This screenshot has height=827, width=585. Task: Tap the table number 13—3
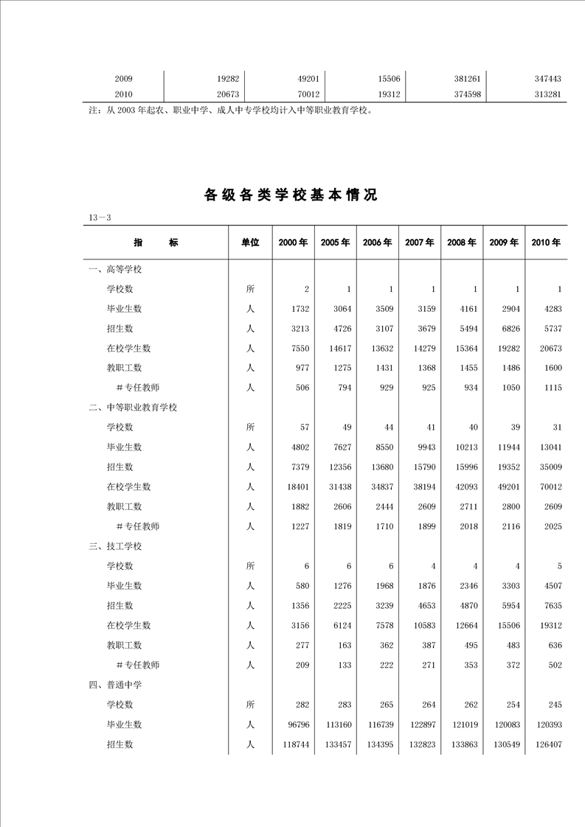[99, 217]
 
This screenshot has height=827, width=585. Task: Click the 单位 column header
[250, 242]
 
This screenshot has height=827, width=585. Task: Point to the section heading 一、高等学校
[115, 269]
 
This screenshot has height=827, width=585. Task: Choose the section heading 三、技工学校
[115, 546]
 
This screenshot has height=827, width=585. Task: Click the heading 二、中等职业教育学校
[133, 407]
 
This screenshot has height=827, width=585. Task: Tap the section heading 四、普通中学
[115, 685]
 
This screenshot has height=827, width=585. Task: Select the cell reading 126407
[546, 744]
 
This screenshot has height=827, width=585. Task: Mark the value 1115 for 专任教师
[550, 388]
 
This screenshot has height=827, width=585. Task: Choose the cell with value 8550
[381, 447]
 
